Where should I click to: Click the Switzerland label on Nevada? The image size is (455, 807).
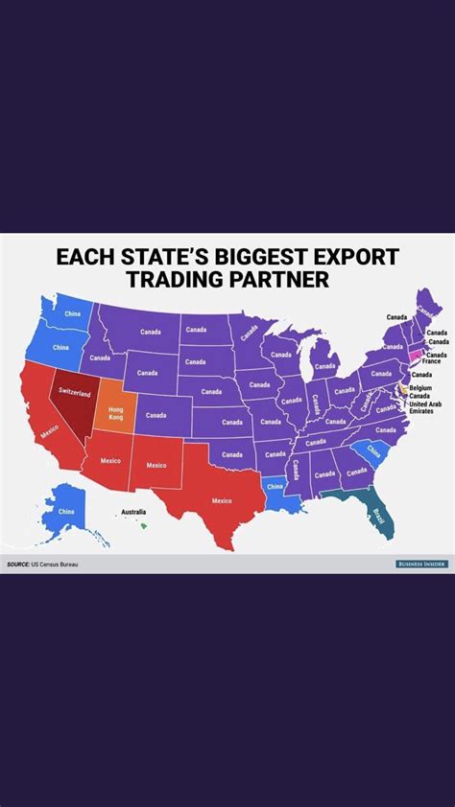coord(74,393)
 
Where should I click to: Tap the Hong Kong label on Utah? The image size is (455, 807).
coord(115,413)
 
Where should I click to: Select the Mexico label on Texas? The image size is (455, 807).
coord(222,500)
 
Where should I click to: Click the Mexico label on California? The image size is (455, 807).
coord(51,434)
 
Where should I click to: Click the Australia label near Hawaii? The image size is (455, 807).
coord(133,513)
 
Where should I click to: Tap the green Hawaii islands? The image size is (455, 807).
coord(143,524)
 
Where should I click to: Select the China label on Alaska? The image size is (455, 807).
coord(65,512)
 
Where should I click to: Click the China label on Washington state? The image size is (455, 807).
coord(72,314)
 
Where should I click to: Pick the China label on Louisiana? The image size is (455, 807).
coord(275,487)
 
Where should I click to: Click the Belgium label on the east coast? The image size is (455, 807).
coord(420,387)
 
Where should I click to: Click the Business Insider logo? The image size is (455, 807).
coord(421,565)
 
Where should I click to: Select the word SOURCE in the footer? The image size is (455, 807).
coord(17,565)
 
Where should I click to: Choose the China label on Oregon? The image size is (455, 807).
coord(60,347)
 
